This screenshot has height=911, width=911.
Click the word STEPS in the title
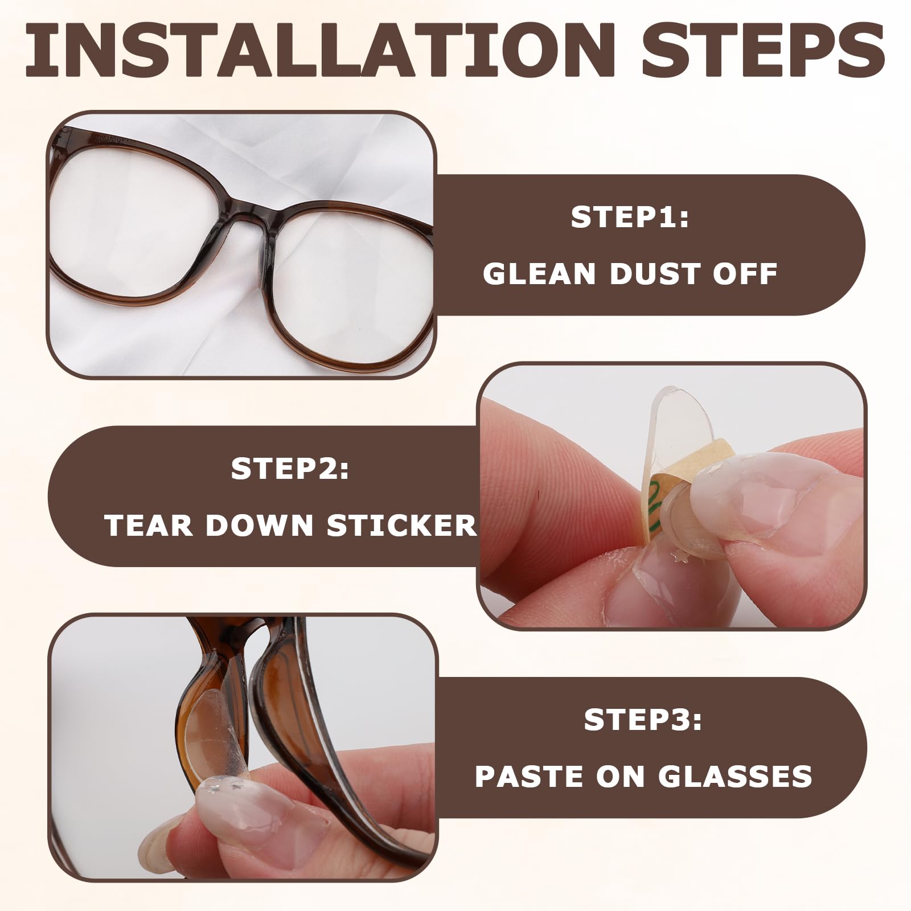pos(763,52)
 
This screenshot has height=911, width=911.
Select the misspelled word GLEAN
pos(539,274)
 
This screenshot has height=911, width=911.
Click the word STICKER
pos(401,525)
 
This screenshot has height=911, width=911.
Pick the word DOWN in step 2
pos(260,525)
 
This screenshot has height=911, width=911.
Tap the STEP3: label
pos(643,720)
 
